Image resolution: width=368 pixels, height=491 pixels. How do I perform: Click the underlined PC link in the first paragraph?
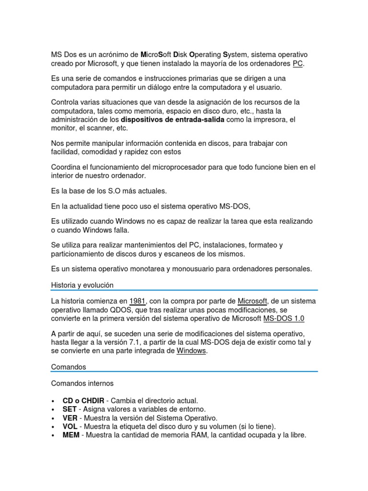[x=298, y=63]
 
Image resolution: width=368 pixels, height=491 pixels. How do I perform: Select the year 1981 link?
[x=137, y=301]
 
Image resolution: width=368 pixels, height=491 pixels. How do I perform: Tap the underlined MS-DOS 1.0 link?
[x=284, y=318]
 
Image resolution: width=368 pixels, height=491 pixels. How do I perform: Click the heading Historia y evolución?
[x=82, y=285]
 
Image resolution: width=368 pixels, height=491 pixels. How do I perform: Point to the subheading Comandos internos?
[x=82, y=384]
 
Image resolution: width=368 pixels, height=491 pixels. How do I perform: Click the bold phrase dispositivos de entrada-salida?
[x=172, y=119]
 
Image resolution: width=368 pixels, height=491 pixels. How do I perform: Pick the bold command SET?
[x=69, y=409]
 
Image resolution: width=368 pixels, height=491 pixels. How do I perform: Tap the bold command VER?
[x=69, y=418]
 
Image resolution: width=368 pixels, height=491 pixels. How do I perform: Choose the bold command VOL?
[x=70, y=427]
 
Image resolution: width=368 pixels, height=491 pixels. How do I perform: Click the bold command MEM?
[x=71, y=435]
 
